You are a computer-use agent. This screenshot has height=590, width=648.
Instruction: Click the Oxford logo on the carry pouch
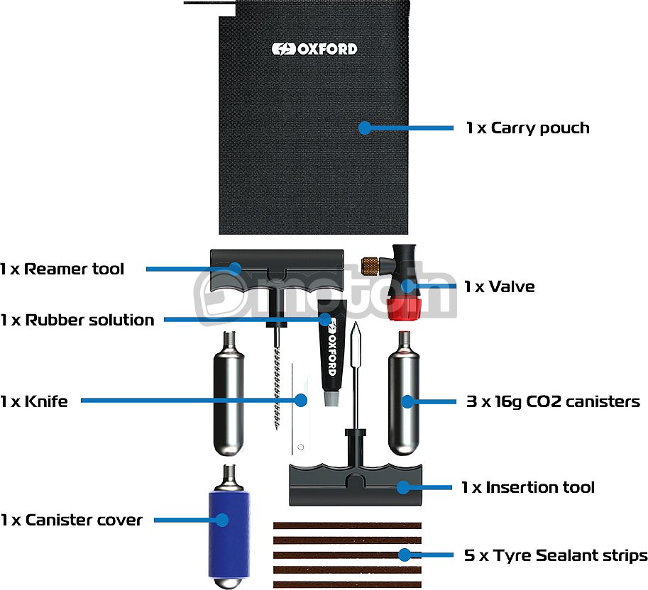click(314, 49)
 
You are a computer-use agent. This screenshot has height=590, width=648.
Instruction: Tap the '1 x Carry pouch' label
click(528, 128)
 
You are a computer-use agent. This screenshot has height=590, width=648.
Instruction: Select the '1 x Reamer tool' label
click(62, 269)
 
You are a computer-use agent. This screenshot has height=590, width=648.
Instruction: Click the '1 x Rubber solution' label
click(77, 320)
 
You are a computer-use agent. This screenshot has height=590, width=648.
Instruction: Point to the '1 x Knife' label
click(34, 401)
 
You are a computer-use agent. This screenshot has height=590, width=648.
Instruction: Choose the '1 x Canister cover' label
click(72, 520)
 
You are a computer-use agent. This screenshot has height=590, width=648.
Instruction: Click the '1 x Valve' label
click(499, 286)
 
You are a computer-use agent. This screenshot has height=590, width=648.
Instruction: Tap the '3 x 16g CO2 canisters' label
click(553, 401)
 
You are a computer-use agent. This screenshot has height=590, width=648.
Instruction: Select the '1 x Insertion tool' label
click(528, 487)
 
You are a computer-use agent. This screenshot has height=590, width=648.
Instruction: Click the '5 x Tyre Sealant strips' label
click(556, 555)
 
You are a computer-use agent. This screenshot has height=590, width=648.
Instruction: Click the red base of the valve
click(404, 309)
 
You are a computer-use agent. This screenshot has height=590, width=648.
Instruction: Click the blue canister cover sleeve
click(229, 535)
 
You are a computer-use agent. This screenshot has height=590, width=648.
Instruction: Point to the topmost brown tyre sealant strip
click(347, 525)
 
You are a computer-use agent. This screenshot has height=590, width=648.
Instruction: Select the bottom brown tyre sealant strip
click(347, 584)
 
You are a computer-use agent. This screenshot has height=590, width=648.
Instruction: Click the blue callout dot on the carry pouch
click(365, 128)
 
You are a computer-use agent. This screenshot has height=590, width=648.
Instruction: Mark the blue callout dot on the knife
click(301, 400)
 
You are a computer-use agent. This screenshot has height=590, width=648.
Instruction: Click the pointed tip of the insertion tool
click(356, 323)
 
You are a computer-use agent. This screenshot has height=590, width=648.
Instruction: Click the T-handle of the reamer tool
click(277, 269)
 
